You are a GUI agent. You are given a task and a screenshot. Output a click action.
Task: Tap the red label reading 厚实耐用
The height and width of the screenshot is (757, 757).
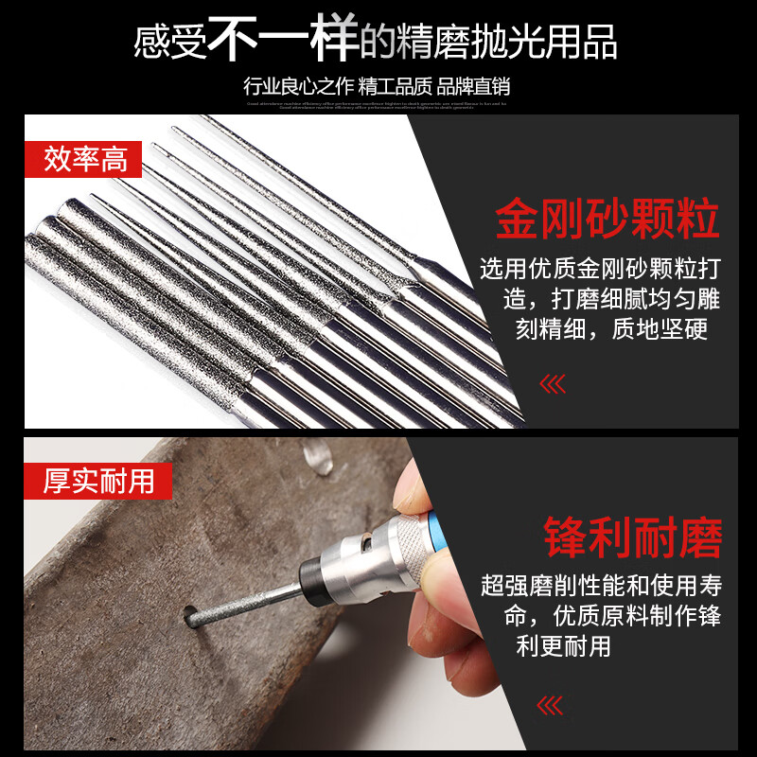(x=97, y=482)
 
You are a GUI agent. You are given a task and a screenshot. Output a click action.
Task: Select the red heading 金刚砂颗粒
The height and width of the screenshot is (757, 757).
(x=607, y=219)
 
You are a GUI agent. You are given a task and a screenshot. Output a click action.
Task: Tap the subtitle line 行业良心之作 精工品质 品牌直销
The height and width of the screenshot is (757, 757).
(x=377, y=86)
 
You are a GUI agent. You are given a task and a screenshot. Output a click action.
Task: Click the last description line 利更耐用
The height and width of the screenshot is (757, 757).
(x=563, y=646)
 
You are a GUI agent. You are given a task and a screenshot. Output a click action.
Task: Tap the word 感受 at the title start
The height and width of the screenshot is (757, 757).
(x=169, y=43)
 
